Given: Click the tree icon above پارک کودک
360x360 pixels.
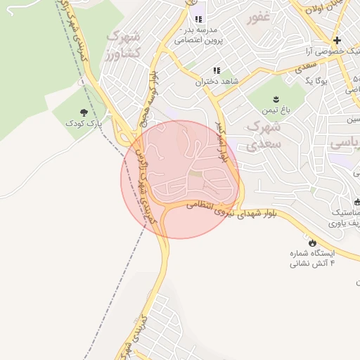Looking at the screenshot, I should pos(84,112).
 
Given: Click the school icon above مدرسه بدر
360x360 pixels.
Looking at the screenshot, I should pos(198,19).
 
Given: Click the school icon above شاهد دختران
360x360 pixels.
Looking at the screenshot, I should pos(217,70).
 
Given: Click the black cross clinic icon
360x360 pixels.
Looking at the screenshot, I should pos(337,40).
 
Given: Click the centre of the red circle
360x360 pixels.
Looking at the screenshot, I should pos(180,179).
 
